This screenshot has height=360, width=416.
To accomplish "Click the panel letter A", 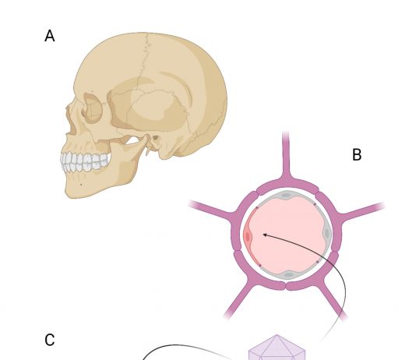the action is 50,36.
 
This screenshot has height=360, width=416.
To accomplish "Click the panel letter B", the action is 357,154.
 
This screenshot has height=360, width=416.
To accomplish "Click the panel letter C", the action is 50,340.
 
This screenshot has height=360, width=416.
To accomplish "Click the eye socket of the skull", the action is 93,108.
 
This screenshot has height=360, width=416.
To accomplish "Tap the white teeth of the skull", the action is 85,161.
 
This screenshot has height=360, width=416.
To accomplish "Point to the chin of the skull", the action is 72,189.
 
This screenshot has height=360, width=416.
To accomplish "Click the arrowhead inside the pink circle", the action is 265,235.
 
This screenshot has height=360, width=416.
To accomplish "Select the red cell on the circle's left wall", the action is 249,237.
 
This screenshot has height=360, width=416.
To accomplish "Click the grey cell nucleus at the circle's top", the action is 285,196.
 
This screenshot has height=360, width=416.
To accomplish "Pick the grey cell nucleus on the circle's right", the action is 326,234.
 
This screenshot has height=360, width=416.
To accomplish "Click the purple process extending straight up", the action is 286,156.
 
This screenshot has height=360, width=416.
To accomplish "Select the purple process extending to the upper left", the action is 212,209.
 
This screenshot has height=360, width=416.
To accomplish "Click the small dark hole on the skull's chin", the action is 81,185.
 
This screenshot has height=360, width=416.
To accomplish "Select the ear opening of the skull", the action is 155,138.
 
